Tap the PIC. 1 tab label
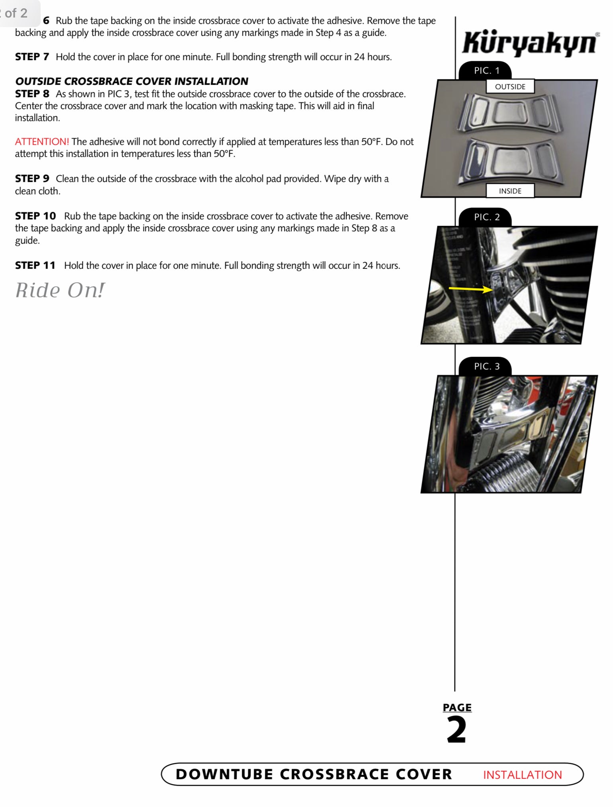click(x=486, y=71)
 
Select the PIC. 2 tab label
click(x=486, y=217)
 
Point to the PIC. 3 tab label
click(x=486, y=367)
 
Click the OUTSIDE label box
click(x=510, y=87)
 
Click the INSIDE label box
click(x=510, y=191)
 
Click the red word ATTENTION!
click(x=42, y=142)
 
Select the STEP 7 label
click(x=32, y=57)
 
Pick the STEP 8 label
click(x=32, y=94)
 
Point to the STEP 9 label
click(x=32, y=179)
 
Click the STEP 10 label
click(x=35, y=216)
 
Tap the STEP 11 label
click(x=35, y=266)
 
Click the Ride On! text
click(x=60, y=290)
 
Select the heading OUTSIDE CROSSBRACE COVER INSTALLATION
click(x=131, y=81)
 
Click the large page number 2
click(x=456, y=730)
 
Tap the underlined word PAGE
click(x=457, y=707)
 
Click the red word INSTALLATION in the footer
click(x=522, y=775)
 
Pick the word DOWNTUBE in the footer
click(x=224, y=774)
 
